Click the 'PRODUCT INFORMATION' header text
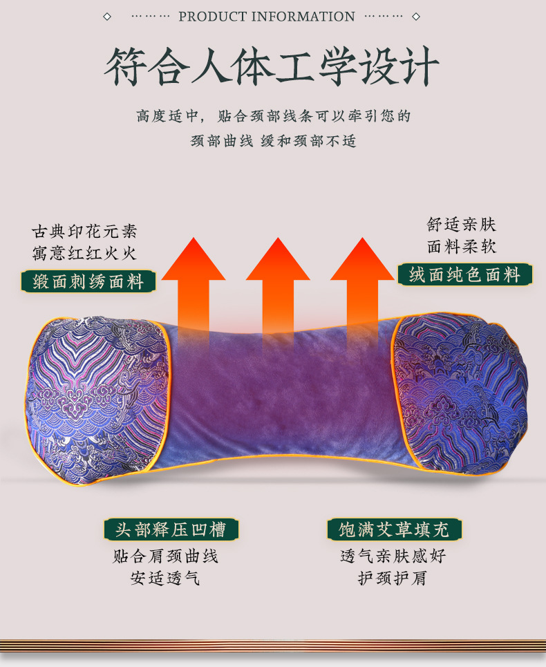[267, 17]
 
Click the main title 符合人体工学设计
[272, 66]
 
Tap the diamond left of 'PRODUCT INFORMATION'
[107, 17]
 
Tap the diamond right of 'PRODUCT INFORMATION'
[416, 17]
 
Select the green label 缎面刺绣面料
[88, 281]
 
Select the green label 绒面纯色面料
[464, 274]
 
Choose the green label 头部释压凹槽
[171, 530]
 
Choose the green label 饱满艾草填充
[394, 530]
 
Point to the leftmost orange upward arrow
[194, 283]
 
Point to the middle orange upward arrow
[278, 283]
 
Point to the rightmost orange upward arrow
[362, 283]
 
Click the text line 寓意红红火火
[84, 254]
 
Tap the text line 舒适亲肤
[462, 225]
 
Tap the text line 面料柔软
[462, 247]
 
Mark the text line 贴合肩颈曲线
[166, 556]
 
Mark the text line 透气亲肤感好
[393, 556]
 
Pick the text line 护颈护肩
[393, 579]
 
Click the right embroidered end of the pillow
[460, 394]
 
